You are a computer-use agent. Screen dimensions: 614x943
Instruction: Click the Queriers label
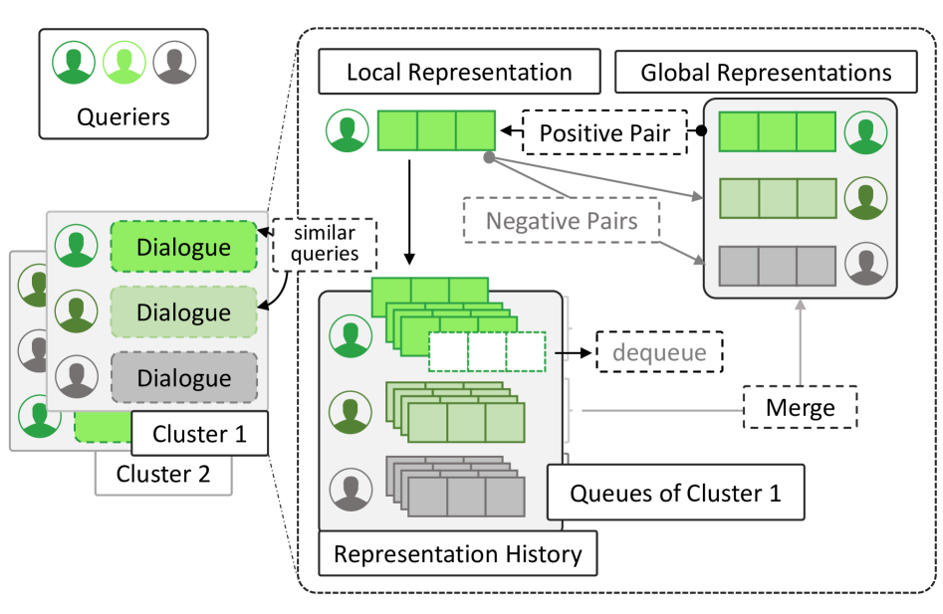pyautogui.click(x=123, y=116)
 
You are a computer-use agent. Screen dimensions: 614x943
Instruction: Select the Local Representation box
pyautogui.click(x=459, y=73)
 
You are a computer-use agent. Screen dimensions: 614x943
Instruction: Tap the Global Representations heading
pyautogui.click(x=766, y=73)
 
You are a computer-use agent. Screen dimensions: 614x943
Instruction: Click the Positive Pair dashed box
pyautogui.click(x=604, y=132)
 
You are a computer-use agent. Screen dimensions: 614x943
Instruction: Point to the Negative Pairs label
pyautogui.click(x=562, y=221)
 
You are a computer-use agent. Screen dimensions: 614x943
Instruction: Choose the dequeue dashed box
pyautogui.click(x=659, y=351)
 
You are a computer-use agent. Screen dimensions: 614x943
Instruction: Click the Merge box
pyautogui.click(x=800, y=407)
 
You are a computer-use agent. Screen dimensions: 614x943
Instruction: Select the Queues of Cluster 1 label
pyautogui.click(x=675, y=492)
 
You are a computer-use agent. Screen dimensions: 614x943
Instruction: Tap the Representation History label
pyautogui.click(x=457, y=553)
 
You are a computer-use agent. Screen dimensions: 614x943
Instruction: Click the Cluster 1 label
pyautogui.click(x=198, y=434)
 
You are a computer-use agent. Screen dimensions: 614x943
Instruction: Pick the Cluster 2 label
pyautogui.click(x=163, y=474)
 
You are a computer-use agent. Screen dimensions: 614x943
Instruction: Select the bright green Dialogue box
pyautogui.click(x=184, y=247)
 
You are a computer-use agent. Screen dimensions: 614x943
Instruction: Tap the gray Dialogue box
pyautogui.click(x=184, y=378)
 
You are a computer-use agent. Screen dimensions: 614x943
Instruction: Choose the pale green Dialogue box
pyautogui.click(x=184, y=312)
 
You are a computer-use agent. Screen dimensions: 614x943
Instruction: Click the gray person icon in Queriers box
pyautogui.click(x=175, y=65)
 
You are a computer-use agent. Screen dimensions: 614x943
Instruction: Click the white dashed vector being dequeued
pyautogui.click(x=488, y=351)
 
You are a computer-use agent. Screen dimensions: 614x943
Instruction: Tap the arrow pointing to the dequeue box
pyautogui.click(x=572, y=351)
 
